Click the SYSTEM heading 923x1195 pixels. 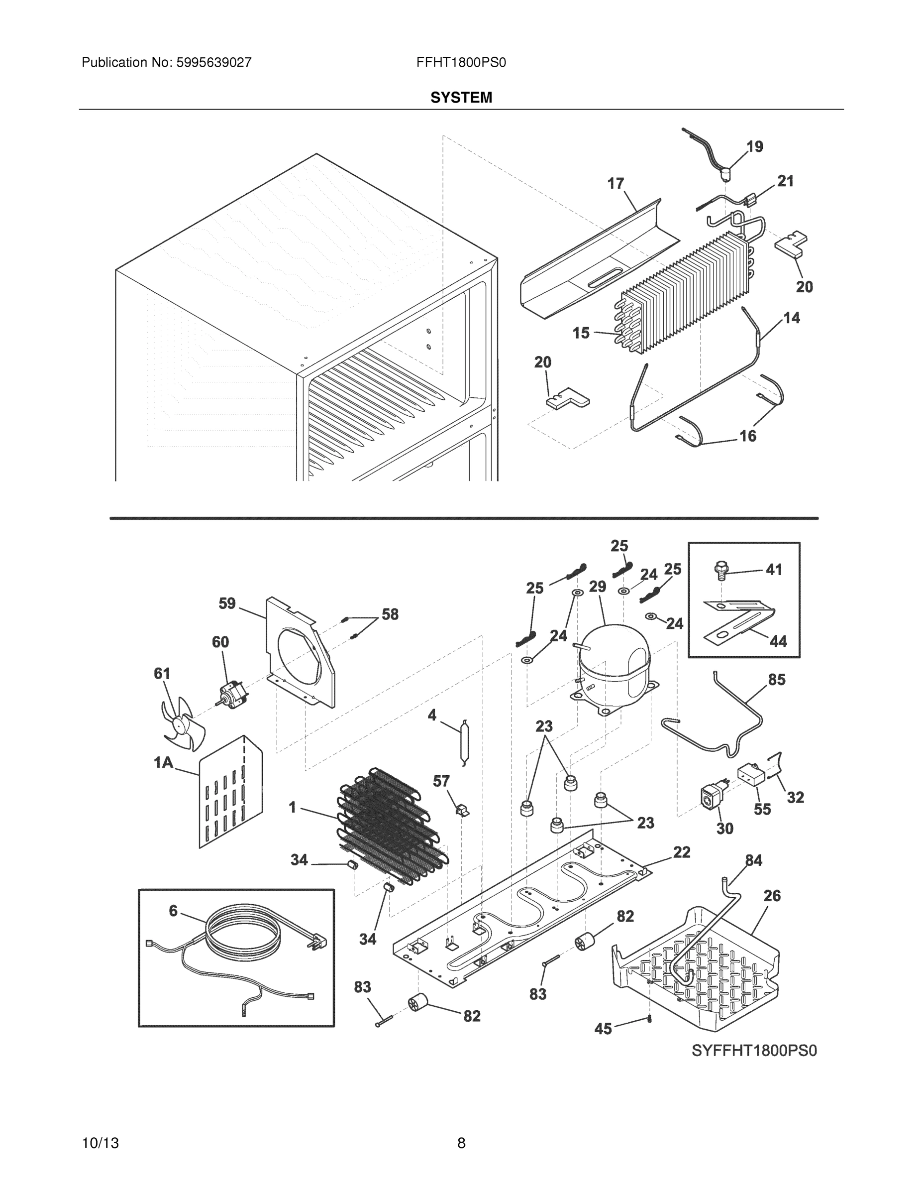coord(461,98)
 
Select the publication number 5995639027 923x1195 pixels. coord(213,63)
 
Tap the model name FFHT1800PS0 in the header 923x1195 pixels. coord(461,63)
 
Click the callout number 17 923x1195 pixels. coord(615,183)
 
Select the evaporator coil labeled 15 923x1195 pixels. coord(684,290)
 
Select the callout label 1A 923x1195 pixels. coord(163,762)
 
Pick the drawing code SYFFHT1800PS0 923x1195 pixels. coord(754,1051)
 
